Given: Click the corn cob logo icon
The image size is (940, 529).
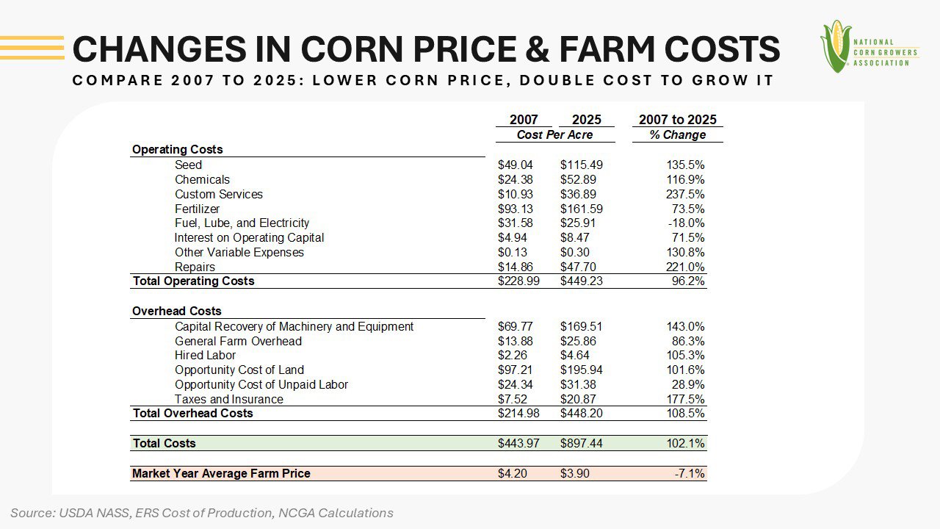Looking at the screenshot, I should tap(836, 46).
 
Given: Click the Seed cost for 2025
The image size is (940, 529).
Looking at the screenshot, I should tap(581, 165).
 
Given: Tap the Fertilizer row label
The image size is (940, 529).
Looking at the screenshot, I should tap(197, 209).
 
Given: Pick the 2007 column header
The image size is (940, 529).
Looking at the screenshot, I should tap(524, 120).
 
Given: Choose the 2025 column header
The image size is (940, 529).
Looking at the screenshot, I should tap(586, 120).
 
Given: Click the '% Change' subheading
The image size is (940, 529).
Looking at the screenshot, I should tap(677, 135).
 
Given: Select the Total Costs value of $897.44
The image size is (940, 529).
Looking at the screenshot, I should tap(581, 444).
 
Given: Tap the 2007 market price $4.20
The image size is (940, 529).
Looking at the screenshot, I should tap(512, 474).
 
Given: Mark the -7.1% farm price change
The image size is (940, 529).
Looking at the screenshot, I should tap(690, 474).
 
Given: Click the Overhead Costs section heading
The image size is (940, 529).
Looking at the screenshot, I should tap(176, 312).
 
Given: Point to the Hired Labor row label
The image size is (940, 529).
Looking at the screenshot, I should tap(205, 356).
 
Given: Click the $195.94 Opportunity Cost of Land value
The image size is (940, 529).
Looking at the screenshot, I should tap(581, 370).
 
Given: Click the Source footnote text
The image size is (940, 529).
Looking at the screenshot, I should tap(202, 513).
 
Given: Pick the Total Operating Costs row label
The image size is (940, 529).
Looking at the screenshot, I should tap(193, 281).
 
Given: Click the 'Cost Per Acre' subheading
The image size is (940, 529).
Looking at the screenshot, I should tap(554, 135).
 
